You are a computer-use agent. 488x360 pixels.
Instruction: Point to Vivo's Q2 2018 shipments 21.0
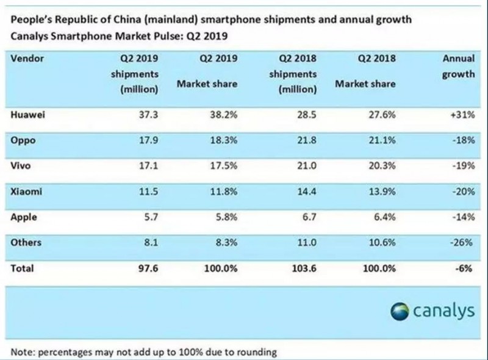click(305, 165)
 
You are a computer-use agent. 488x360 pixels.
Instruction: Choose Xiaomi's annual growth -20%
click(462, 191)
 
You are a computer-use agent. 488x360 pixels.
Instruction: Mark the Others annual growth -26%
click(462, 242)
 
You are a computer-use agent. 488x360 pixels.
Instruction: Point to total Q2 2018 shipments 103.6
click(303, 268)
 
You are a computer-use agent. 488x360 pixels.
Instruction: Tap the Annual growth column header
click(459, 67)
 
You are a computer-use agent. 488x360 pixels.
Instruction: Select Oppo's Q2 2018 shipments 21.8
click(305, 139)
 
